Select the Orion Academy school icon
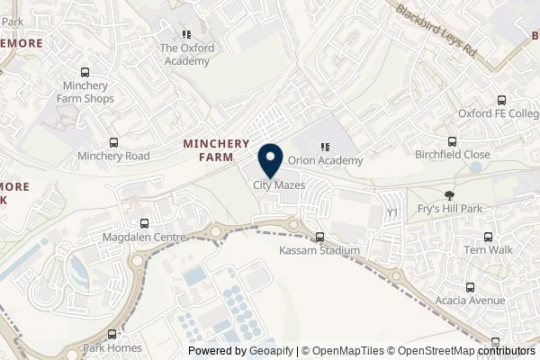pyautogui.click(x=326, y=146)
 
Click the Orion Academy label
pyautogui.click(x=326, y=161)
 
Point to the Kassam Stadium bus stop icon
pyautogui.click(x=320, y=237)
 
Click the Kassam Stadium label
pyautogui.click(x=320, y=250)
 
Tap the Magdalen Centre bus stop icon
pyautogui.click(x=144, y=223)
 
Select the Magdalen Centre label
pyautogui.click(x=144, y=237)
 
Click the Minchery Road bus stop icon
pyautogui.click(x=113, y=142)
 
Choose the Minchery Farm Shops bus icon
pyautogui.click(x=85, y=73)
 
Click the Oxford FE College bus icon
pyautogui.click(x=502, y=101)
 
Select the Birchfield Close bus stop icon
pyautogui.click(x=453, y=140)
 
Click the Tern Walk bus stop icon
pyautogui.click(x=487, y=236)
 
